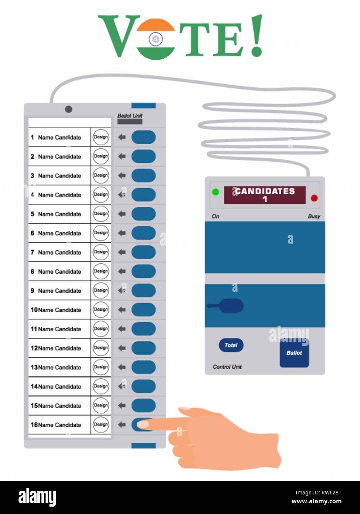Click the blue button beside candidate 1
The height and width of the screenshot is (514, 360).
tap(143, 137)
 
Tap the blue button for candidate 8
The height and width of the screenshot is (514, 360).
tap(143, 271)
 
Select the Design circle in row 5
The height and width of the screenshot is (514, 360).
tap(101, 214)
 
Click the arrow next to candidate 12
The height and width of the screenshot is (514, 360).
tap(122, 348)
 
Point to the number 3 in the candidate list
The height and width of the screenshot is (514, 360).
tap(32, 176)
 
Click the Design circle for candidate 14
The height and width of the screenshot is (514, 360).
tap(101, 386)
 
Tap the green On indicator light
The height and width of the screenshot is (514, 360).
tap(215, 192)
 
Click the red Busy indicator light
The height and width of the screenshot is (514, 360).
tap(314, 198)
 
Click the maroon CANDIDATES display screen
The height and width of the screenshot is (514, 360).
tap(265, 195)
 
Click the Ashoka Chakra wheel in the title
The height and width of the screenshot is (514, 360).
tap(156, 39)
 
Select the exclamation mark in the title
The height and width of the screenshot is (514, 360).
tap(257, 35)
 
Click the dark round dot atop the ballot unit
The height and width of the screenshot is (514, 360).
tap(68, 109)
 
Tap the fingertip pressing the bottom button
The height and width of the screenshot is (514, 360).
tap(143, 425)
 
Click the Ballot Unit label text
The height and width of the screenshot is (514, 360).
tap(130, 116)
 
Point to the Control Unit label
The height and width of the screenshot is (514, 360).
tap(227, 367)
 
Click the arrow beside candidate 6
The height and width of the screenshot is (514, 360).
tap(122, 233)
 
